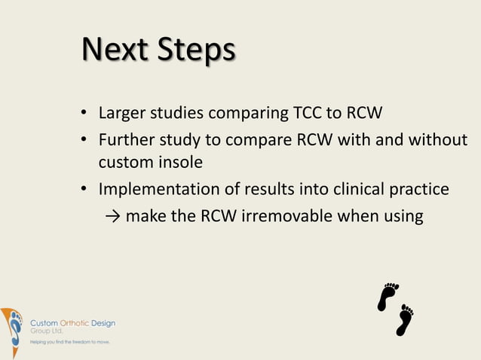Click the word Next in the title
(113, 50)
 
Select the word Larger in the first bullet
(123, 115)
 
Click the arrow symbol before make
(112, 217)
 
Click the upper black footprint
(388, 296)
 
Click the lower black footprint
(406, 320)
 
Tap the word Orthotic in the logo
(75, 323)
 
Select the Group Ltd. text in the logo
(47, 331)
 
